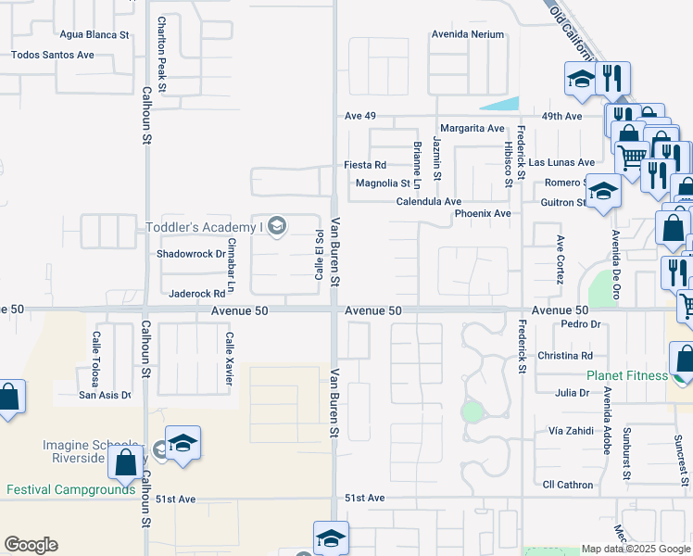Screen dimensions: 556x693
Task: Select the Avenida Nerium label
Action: [468, 35]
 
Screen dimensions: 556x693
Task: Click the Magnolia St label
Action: [384, 183]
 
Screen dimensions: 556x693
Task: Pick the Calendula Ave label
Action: [429, 202]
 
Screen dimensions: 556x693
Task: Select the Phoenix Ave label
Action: [483, 214]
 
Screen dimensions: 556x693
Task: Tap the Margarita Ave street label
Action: [472, 128]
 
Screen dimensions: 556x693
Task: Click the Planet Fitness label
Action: [626, 376]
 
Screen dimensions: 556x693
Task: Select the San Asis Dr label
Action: [105, 396]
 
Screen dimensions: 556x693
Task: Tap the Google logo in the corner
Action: [31, 545]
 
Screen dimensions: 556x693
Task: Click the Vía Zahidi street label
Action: [569, 432]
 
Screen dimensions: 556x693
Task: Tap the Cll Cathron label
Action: [567, 485]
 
